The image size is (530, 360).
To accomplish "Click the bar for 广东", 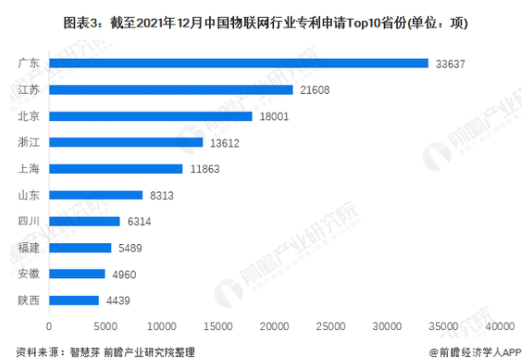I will (x=238, y=63).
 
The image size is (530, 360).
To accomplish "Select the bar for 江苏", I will (x=171, y=90).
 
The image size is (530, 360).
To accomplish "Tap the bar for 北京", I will (x=150, y=116).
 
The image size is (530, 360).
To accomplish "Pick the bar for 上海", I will (x=116, y=169).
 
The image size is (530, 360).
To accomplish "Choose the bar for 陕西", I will (x=74, y=300).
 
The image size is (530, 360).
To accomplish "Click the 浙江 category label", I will (x=29, y=142).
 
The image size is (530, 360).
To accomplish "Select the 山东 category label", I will (x=29, y=195).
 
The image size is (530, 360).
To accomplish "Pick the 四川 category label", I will (x=29, y=222).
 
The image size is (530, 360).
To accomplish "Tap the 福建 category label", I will (x=29, y=248).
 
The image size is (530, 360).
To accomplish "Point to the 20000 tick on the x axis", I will (x=275, y=326).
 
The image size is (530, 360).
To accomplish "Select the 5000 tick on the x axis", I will (x=106, y=326).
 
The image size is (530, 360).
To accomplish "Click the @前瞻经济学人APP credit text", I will (x=475, y=350).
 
